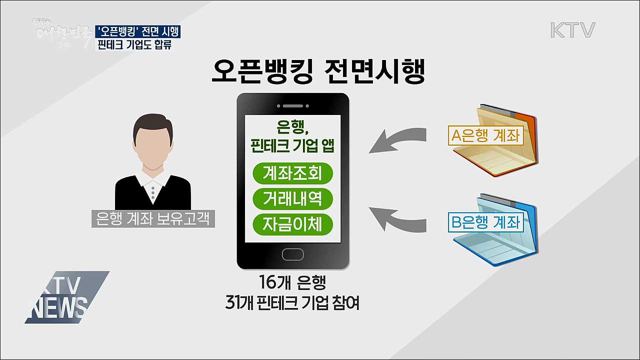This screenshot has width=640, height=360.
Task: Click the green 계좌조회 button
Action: point(292,173)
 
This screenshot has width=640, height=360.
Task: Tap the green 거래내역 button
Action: point(292,199)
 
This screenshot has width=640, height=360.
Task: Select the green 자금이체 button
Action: point(292,224)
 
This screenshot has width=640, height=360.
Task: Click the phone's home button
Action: point(292,253)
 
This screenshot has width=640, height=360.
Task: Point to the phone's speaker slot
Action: point(292,105)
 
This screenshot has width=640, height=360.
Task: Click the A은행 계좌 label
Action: point(485,135)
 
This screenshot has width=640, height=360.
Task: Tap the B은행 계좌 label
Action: point(485,222)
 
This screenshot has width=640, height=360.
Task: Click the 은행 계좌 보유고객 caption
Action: point(153,218)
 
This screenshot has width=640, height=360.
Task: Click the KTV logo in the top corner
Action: point(572,30)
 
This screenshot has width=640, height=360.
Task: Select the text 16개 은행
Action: point(292,283)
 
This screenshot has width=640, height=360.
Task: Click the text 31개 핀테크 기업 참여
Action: point(292,303)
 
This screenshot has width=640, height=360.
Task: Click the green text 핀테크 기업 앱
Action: point(292,146)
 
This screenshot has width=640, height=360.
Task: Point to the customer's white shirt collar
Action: point(153,187)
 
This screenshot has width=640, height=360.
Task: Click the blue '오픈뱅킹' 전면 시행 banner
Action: point(138,31)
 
